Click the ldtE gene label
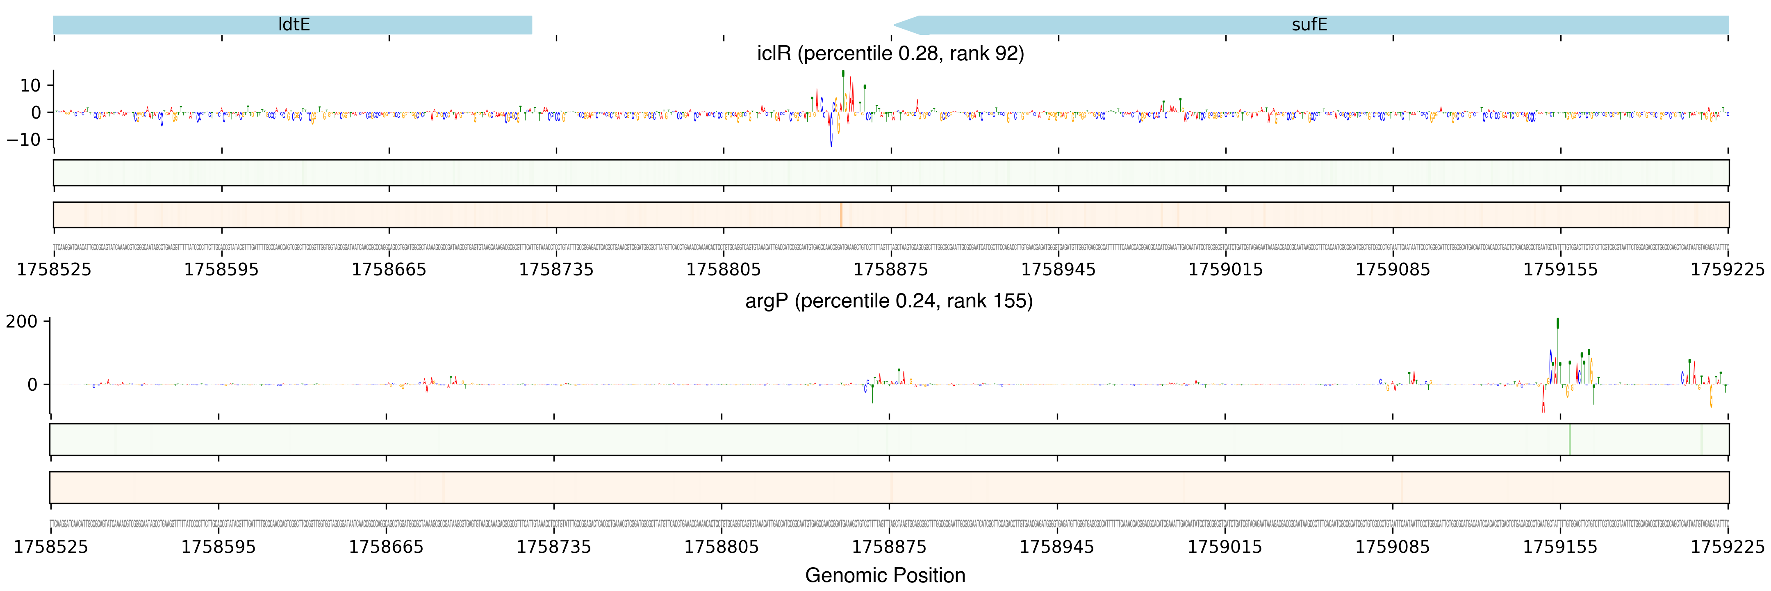pyautogui.click(x=294, y=25)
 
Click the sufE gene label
pyautogui.click(x=1309, y=25)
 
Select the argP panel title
pyautogui.click(x=889, y=301)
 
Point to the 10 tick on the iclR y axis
pyautogui.click(x=30, y=85)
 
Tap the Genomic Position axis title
pyautogui.click(x=885, y=575)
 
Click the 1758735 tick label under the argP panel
pyautogui.click(x=553, y=547)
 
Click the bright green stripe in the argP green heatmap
pyautogui.click(x=1570, y=440)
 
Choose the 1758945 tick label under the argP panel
pyautogui.click(x=1057, y=547)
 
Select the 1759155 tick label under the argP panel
pyautogui.click(x=1560, y=547)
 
